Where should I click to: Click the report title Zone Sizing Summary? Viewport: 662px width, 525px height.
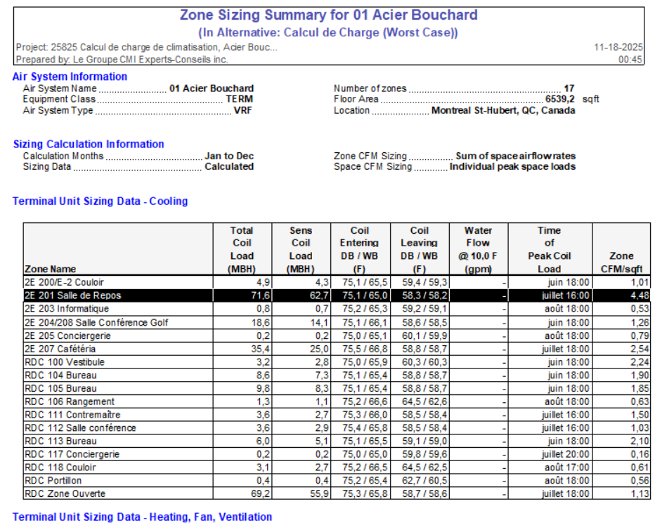tap(328, 15)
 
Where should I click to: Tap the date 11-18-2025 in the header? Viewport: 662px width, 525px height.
tap(618, 47)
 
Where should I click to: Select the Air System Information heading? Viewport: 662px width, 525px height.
tap(70, 77)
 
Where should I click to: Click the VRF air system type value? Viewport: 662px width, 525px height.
tap(243, 110)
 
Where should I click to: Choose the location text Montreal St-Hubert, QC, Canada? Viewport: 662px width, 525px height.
tap(503, 110)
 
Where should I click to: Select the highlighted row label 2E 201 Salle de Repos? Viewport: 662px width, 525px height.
tap(72, 295)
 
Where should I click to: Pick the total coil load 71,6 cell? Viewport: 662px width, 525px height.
tap(243, 295)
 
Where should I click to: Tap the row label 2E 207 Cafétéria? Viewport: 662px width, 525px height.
tap(60, 349)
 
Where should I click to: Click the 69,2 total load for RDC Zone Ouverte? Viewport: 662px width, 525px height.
tap(243, 493)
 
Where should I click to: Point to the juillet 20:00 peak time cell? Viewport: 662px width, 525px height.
tap(567, 454)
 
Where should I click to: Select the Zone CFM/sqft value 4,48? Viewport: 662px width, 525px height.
tap(637, 295)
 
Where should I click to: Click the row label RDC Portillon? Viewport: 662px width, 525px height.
tap(53, 481)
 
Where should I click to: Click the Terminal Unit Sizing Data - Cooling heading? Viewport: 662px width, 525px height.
tap(100, 201)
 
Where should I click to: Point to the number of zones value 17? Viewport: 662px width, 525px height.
tap(569, 88)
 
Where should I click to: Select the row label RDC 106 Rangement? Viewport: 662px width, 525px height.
tap(70, 401)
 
